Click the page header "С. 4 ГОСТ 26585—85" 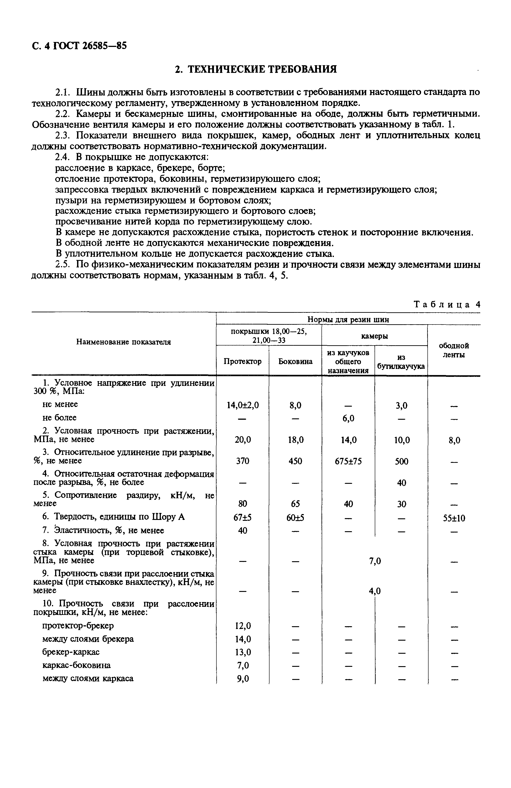click(79, 46)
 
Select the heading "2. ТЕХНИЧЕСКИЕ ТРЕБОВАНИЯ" click(255, 69)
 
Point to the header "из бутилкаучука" click(401, 362)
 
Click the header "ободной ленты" click(454, 350)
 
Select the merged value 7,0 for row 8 click(375, 561)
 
